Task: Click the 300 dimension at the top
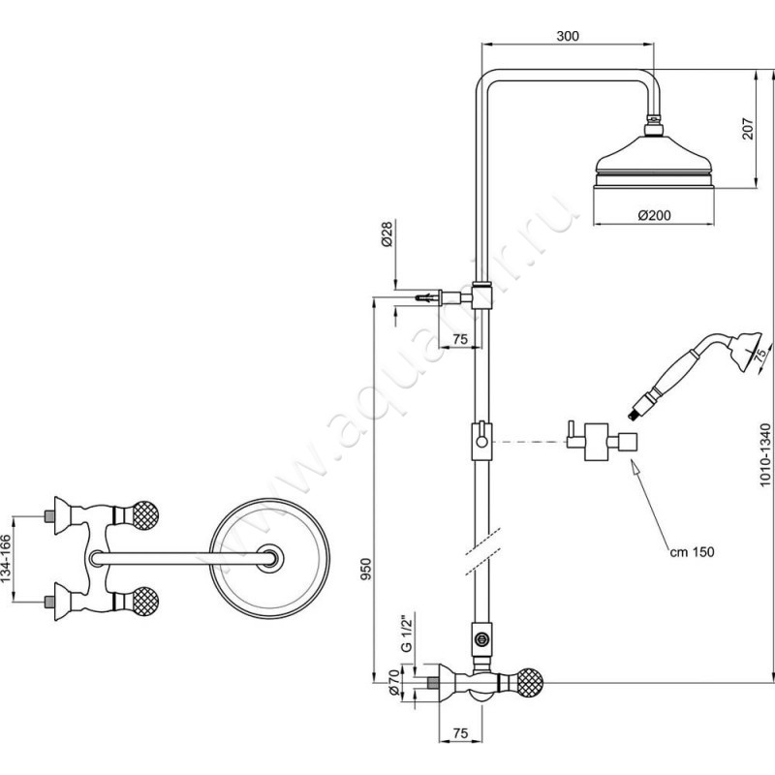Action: tap(569, 36)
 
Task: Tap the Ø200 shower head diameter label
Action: tap(656, 215)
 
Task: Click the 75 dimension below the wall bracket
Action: tap(461, 338)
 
